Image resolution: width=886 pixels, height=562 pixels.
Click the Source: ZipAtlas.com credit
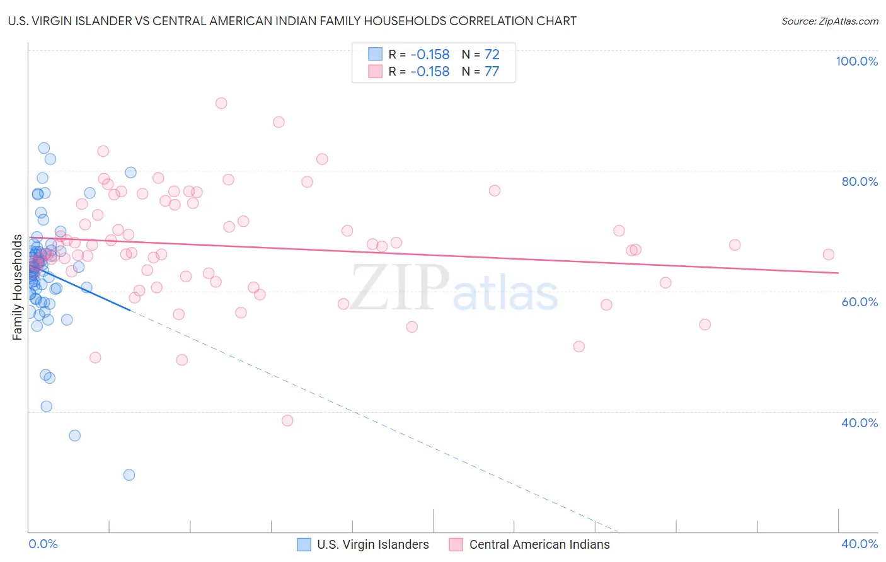pyautogui.click(x=829, y=21)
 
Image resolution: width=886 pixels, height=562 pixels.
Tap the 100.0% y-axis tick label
pyautogui.click(x=856, y=61)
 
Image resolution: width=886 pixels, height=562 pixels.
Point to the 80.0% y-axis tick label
pyautogui.click(x=860, y=181)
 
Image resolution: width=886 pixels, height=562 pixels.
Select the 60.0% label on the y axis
pyautogui.click(x=860, y=302)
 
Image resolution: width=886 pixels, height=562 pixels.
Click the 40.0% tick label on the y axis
pyautogui.click(x=860, y=423)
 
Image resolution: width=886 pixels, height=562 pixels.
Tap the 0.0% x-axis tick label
pyautogui.click(x=43, y=544)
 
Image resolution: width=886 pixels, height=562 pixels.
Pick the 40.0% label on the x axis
pyautogui.click(x=860, y=544)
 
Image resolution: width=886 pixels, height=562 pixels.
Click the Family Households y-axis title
pyautogui.click(x=18, y=287)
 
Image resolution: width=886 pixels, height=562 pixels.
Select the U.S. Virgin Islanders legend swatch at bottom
pyautogui.click(x=304, y=544)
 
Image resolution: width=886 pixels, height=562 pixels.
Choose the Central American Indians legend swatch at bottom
pyautogui.click(x=456, y=544)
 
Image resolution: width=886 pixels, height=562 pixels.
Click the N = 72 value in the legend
pyautogui.click(x=480, y=55)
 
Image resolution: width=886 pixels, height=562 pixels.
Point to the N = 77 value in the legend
pyautogui.click(x=480, y=72)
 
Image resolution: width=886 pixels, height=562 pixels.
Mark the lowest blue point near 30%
pyautogui.click(x=129, y=475)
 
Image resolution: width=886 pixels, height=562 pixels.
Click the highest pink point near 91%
pyautogui.click(x=221, y=103)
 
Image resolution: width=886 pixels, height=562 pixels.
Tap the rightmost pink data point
pyautogui.click(x=829, y=255)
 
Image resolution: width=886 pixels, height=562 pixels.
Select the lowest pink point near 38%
pyautogui.click(x=287, y=420)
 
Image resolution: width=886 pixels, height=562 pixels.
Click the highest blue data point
pyautogui.click(x=44, y=148)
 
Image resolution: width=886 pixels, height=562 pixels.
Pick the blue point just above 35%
pyautogui.click(x=75, y=435)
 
